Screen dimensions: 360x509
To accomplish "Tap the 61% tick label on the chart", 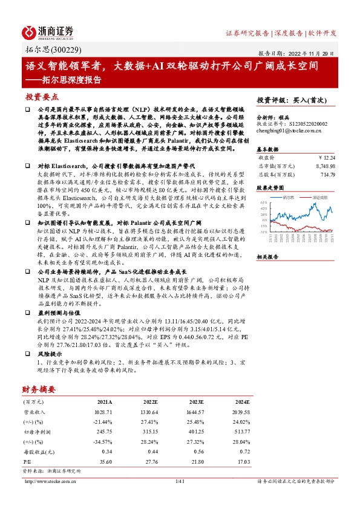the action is [263, 203].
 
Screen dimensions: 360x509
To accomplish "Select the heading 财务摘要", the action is [39, 389].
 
